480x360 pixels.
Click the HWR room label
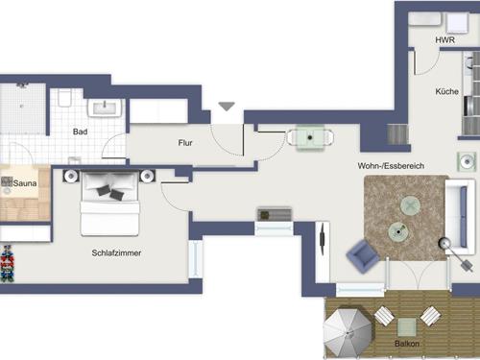pyautogui.click(x=444, y=40)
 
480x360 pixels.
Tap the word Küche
pyautogui.click(x=446, y=92)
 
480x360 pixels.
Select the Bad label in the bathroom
pyautogui.click(x=82, y=132)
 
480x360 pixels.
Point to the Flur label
pyautogui.click(x=185, y=143)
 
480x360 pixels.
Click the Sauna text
pyautogui.click(x=24, y=180)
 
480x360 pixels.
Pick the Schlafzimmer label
pyautogui.click(x=118, y=253)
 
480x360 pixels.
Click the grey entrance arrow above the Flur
pyautogui.click(x=226, y=106)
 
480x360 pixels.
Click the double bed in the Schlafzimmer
pyautogui.click(x=110, y=202)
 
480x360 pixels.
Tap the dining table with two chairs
pyautogui.click(x=309, y=137)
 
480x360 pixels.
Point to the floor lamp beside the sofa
pyautogui.click(x=445, y=246)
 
